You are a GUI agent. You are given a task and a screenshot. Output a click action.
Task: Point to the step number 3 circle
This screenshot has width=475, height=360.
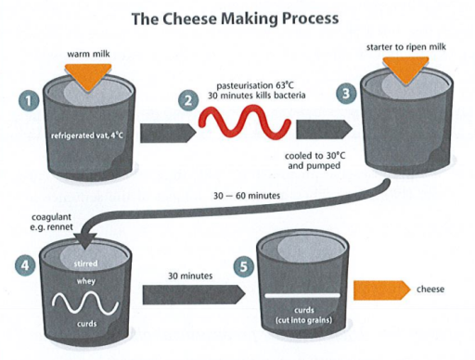click(x=346, y=95)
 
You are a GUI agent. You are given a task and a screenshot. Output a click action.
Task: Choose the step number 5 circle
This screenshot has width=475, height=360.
click(x=244, y=266)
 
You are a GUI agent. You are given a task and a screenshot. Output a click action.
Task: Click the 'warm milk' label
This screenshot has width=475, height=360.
click(x=89, y=54)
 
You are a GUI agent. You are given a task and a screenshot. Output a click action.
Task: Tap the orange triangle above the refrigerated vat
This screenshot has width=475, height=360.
click(x=89, y=77)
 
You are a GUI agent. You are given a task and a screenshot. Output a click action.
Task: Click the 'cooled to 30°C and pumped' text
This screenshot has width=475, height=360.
click(x=311, y=163)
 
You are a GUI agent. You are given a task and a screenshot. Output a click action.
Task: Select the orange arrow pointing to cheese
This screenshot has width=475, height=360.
click(x=384, y=289)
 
